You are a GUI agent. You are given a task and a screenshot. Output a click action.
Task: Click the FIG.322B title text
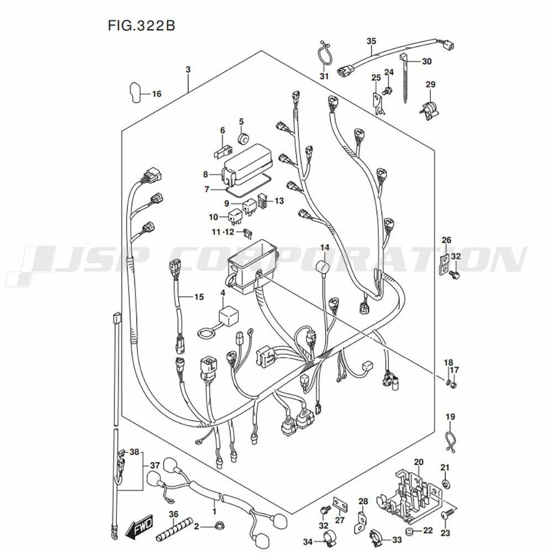click(141, 25)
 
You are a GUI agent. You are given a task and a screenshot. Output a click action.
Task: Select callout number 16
click(156, 94)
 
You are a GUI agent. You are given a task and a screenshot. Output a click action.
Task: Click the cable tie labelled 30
click(405, 79)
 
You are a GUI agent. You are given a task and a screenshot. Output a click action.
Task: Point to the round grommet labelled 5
click(243, 139)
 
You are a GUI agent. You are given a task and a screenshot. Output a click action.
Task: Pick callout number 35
click(372, 41)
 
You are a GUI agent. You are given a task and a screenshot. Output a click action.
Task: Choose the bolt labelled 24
click(388, 91)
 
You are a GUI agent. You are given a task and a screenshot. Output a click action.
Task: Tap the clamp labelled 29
click(430, 109)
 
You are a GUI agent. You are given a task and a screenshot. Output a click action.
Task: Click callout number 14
click(325, 248)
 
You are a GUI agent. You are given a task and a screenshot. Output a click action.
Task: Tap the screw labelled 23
click(446, 515)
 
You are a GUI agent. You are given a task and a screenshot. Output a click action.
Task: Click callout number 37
click(155, 465)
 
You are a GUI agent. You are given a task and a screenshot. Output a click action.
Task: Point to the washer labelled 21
click(445, 484)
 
